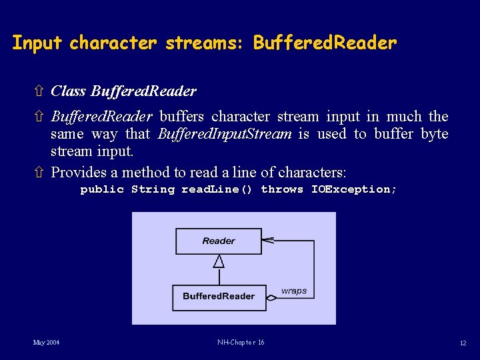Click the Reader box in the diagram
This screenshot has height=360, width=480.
tap(219, 241)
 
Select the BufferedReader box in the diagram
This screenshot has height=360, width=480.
tap(219, 296)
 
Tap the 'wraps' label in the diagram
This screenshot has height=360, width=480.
tap(294, 291)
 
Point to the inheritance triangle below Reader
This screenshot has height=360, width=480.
tap(219, 262)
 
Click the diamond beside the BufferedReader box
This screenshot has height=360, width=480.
tap(271, 297)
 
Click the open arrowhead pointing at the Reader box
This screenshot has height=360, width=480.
tap(269, 239)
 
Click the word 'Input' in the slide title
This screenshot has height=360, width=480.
tap(37, 44)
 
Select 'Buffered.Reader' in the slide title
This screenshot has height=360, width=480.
tap(325, 44)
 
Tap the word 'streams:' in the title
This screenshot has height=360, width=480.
tap(206, 44)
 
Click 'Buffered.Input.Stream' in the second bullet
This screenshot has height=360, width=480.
tap(225, 134)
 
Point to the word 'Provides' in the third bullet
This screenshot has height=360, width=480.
tap(78, 173)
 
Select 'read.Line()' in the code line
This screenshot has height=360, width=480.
tap(217, 189)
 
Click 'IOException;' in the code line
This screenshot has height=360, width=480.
tap(354, 189)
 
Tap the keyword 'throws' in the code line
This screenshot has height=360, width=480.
tap(282, 189)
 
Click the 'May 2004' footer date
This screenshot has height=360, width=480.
tap(47, 343)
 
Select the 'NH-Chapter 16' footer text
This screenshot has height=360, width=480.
tap(241, 343)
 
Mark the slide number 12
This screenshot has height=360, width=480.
tap(463, 343)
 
